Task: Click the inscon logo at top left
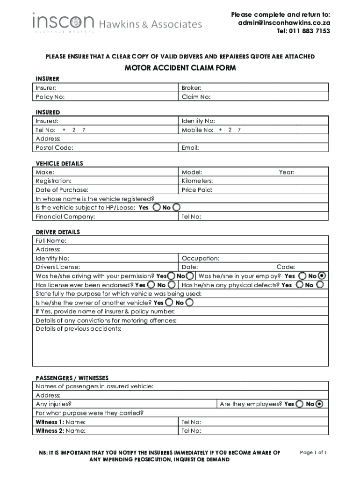[63, 22]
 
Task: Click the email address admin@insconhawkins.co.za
[284, 23]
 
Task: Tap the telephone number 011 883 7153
[303, 31]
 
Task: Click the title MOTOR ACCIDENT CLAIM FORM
[180, 68]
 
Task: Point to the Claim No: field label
[196, 97]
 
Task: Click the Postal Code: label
[54, 148]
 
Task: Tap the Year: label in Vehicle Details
[287, 172]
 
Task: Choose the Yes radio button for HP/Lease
[158, 207]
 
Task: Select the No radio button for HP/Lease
[177, 207]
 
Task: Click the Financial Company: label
[65, 217]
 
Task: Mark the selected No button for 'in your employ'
[321, 276]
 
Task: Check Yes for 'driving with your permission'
[172, 276]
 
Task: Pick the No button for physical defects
[320, 285]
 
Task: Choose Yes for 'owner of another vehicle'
[169, 303]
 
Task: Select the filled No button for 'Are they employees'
[319, 404]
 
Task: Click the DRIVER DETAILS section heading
[58, 232]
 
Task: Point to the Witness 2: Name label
[60, 431]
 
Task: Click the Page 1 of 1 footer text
[313, 452]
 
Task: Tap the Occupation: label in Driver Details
[200, 258]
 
